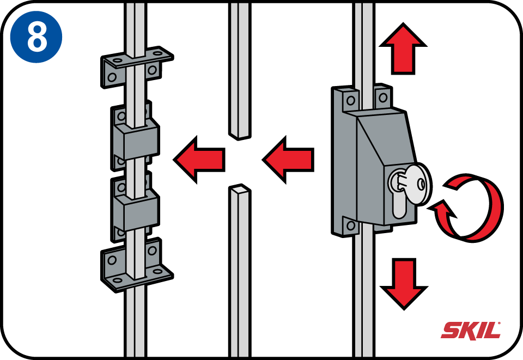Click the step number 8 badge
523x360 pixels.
tap(36, 36)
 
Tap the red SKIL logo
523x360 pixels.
tap(471, 330)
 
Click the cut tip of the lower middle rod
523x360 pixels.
tap(239, 190)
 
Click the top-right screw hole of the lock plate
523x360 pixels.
tap(383, 97)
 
